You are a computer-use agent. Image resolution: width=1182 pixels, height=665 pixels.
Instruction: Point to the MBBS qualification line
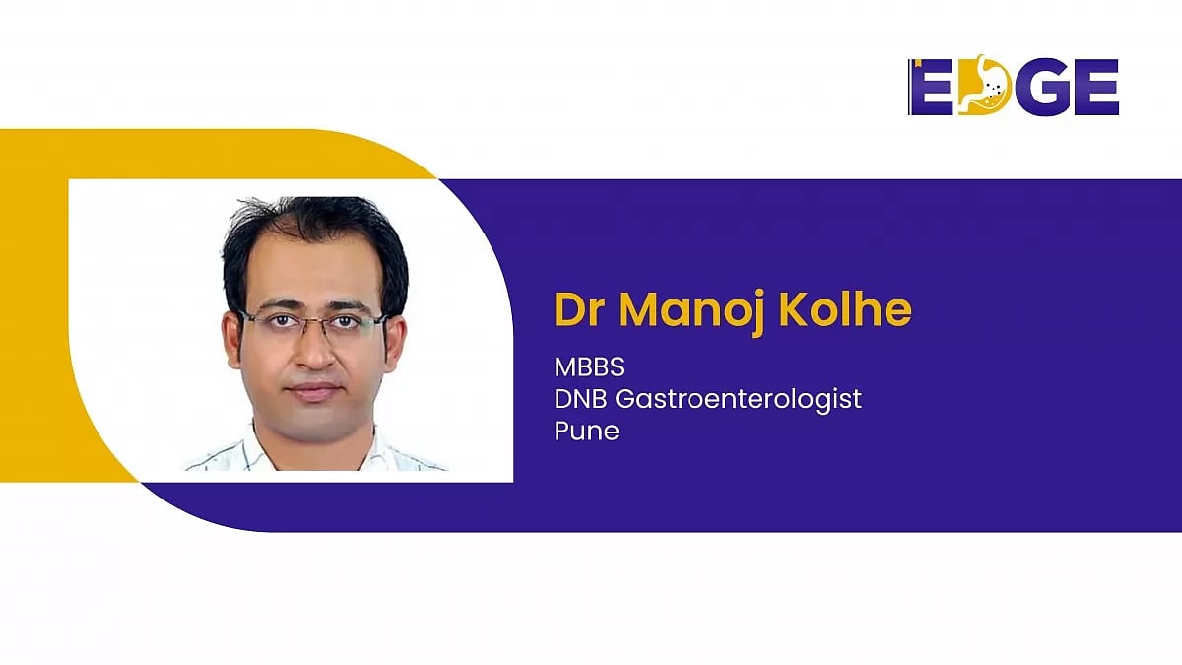pyautogui.click(x=589, y=367)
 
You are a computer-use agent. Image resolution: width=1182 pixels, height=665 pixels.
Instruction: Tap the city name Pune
pyautogui.click(x=587, y=431)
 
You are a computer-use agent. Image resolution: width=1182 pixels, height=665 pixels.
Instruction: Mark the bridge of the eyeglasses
pyautogui.click(x=313, y=320)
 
